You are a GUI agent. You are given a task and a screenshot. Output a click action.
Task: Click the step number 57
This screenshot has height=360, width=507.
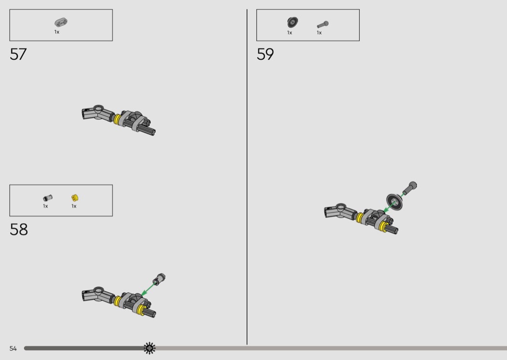click(18, 55)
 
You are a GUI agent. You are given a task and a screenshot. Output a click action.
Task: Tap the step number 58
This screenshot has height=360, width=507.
click(19, 229)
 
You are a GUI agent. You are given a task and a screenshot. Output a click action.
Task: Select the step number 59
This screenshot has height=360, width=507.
click(265, 55)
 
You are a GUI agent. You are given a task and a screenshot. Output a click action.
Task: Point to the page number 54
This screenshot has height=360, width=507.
click(13, 348)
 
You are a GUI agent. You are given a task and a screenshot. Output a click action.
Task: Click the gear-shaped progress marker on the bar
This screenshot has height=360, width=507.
click(149, 348)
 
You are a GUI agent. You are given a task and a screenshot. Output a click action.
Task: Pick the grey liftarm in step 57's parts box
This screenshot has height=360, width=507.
click(61, 22)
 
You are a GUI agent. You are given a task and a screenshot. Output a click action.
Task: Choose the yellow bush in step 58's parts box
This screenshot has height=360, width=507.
click(75, 198)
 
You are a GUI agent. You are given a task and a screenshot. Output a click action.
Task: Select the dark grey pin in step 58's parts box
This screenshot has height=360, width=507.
click(47, 198)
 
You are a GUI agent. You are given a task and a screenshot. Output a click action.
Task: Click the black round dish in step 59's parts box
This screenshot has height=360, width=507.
click(292, 22)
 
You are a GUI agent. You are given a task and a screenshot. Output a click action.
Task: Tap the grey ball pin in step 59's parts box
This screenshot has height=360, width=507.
click(323, 24)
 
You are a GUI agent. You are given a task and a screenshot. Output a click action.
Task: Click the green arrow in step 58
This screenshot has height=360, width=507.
click(148, 289)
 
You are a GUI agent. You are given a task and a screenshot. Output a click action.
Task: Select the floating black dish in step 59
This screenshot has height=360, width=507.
click(394, 202)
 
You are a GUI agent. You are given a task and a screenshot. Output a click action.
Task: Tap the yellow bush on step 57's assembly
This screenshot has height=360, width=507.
click(117, 119)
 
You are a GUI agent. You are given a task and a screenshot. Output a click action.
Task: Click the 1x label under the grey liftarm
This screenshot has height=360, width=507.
click(56, 32)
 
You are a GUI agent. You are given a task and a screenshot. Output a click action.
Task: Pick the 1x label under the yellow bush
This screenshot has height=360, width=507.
click(74, 206)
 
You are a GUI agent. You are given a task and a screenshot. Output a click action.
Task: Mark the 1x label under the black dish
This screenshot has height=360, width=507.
click(289, 33)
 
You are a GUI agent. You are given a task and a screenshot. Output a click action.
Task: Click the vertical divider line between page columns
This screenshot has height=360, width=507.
click(247, 177)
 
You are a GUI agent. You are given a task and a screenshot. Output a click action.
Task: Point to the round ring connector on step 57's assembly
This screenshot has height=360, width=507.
click(99, 108)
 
